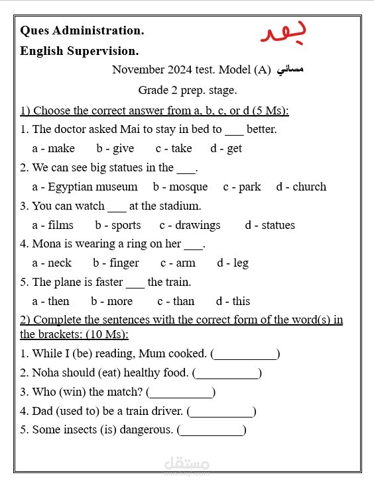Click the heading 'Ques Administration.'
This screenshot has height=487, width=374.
point(82,30)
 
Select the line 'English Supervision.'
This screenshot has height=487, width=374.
point(80,51)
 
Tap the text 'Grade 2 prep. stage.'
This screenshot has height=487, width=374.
point(187,90)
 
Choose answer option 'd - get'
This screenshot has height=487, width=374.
point(226,148)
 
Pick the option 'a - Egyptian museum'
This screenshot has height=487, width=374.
point(85,187)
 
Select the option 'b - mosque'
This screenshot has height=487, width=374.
point(180,187)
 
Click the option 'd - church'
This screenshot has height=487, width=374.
point(301,187)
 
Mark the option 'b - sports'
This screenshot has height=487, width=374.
point(118,225)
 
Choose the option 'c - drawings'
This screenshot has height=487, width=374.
point(190,225)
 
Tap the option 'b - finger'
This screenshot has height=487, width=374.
point(116,263)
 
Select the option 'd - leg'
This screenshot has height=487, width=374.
point(233,263)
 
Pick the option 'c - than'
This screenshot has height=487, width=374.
point(176,301)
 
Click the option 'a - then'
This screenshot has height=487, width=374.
point(50,301)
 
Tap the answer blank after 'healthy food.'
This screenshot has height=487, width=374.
point(227,374)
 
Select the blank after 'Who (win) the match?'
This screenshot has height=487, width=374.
point(180,393)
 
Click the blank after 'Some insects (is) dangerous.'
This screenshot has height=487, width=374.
point(212,431)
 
